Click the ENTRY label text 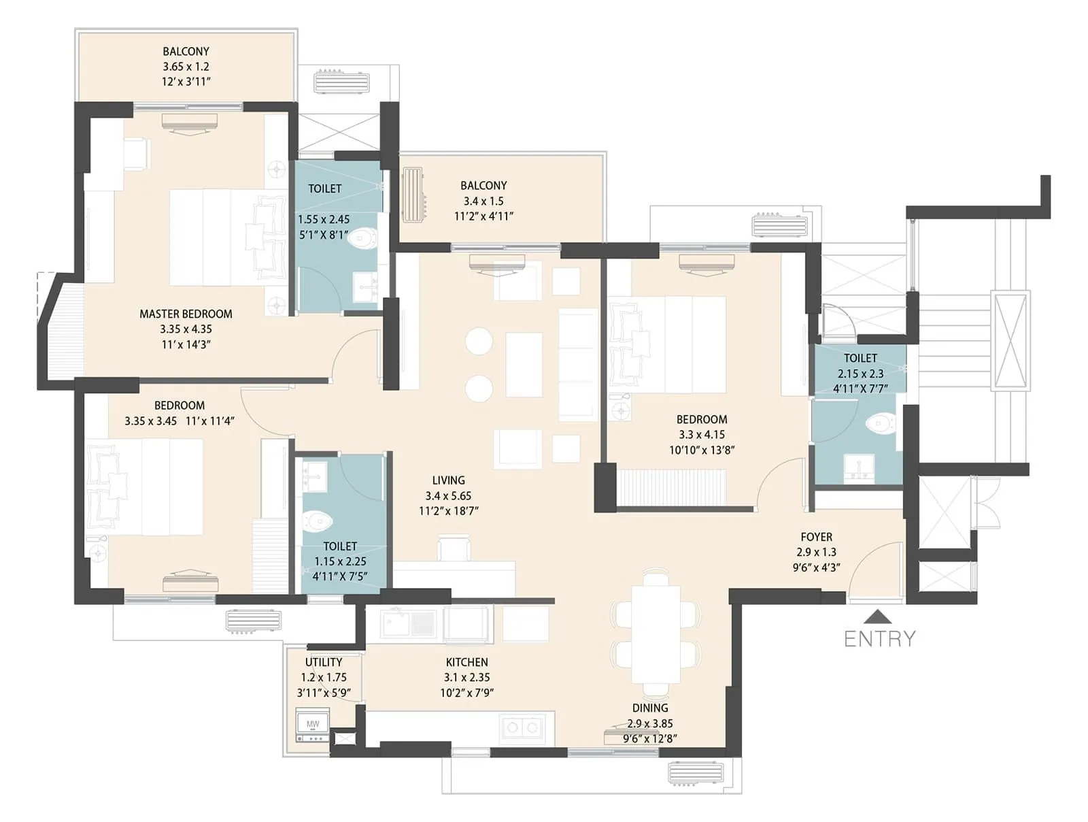[879, 638]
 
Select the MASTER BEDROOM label [186, 314]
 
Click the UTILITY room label [324, 662]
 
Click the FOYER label [816, 537]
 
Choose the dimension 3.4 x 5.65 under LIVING [448, 495]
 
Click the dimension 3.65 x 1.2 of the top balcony [186, 67]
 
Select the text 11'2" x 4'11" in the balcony [483, 216]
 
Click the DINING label [650, 708]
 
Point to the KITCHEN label [466, 662]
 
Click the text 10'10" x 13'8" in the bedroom [702, 450]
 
